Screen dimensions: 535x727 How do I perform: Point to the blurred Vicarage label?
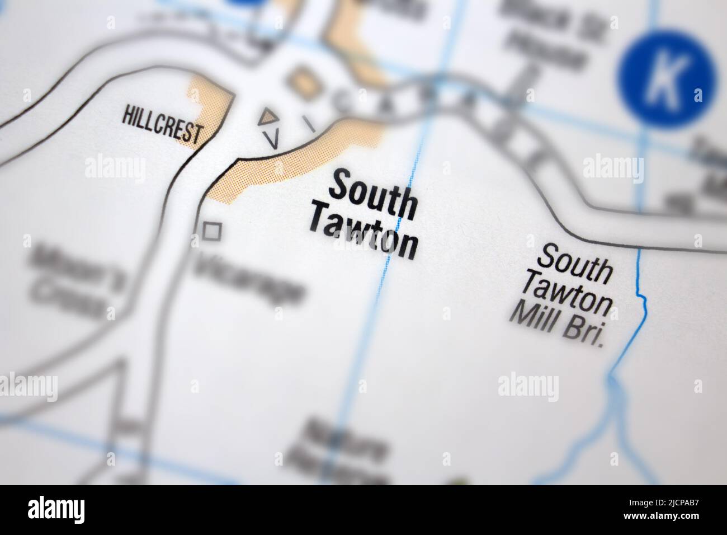point(249,278)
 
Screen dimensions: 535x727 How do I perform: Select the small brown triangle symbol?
point(269,117)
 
